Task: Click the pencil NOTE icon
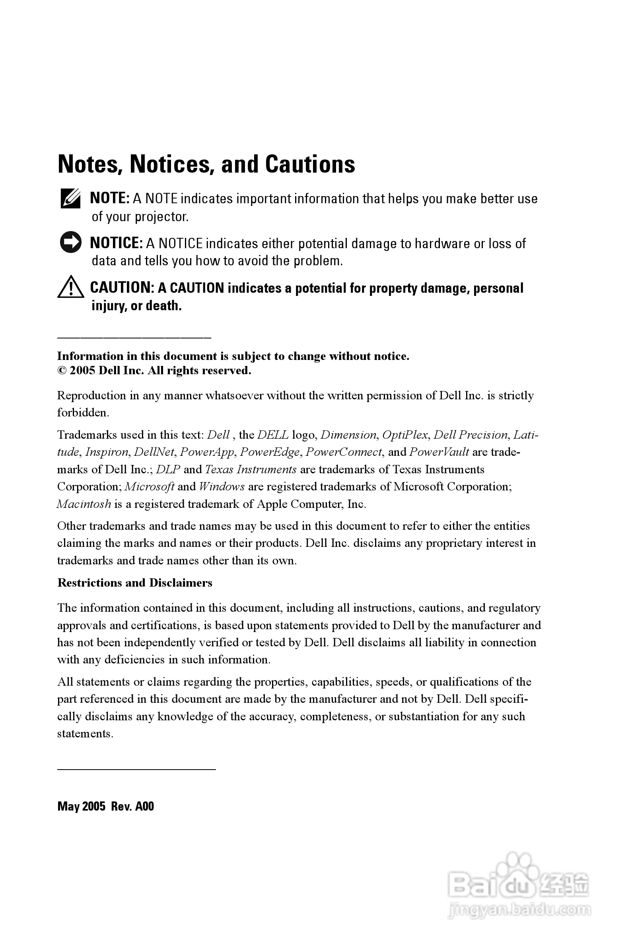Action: click(x=70, y=198)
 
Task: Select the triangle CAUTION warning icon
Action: click(x=70, y=287)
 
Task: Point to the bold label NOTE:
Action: click(x=109, y=198)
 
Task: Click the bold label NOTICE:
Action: click(x=116, y=243)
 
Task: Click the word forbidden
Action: click(x=82, y=412)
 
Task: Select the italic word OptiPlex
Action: click(x=404, y=435)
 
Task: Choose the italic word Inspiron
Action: click(x=107, y=452)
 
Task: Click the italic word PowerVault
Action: click(x=439, y=452)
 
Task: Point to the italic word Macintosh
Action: click(x=84, y=504)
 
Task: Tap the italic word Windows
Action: click(x=222, y=486)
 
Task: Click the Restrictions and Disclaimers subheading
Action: click(x=134, y=583)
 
